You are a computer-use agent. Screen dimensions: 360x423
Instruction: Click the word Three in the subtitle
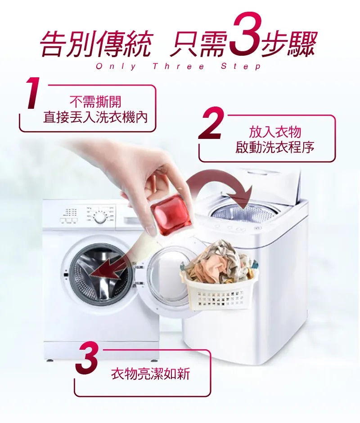[x=178, y=67]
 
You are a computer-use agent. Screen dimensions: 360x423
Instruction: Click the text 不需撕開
[x=95, y=102]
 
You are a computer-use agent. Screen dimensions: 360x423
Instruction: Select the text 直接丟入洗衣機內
[x=95, y=117]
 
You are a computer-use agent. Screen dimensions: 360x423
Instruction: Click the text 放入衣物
[x=274, y=132]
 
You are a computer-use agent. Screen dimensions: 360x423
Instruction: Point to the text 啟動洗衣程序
[x=274, y=147]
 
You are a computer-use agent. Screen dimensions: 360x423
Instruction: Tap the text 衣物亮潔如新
[x=150, y=374]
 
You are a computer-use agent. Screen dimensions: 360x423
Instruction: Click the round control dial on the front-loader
[x=100, y=218]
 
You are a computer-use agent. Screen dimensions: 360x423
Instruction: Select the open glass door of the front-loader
[x=170, y=278]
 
